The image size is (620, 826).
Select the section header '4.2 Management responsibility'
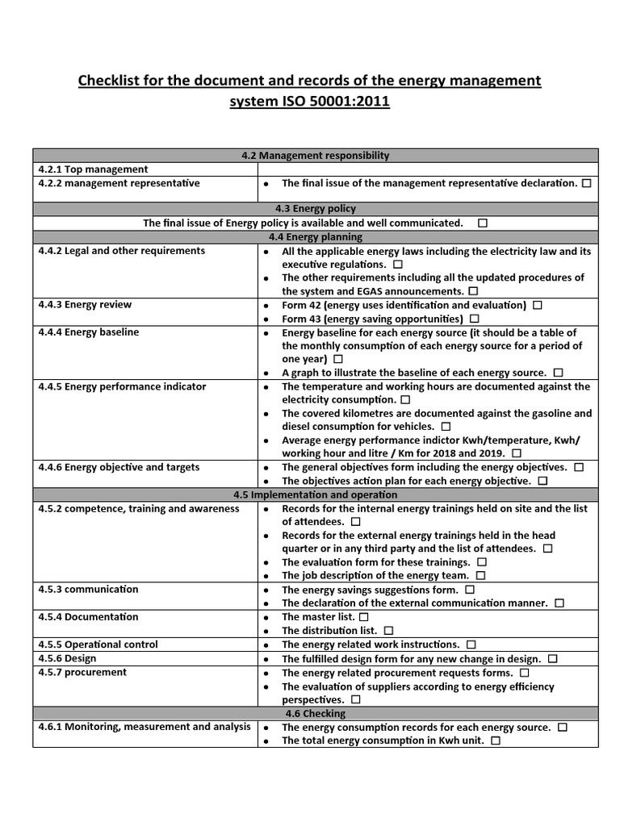coord(315,156)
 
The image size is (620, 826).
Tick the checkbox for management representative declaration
coord(586,183)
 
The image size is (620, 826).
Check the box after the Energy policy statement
coord(482,223)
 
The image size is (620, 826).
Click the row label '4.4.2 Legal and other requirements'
coord(122,251)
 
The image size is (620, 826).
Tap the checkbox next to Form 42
coord(538,306)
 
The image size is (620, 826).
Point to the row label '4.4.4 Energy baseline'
coord(89,332)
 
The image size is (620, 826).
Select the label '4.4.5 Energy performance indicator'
coord(122,386)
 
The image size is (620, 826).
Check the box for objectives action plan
coord(542,481)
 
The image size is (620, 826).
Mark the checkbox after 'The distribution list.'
coord(388,631)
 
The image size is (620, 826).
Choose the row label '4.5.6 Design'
coord(67,658)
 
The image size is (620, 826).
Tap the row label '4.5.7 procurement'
coord(82,672)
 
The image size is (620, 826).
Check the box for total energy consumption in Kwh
coord(496,740)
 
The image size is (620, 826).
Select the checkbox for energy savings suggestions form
coord(470,590)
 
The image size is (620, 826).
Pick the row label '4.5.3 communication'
coord(89,590)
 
